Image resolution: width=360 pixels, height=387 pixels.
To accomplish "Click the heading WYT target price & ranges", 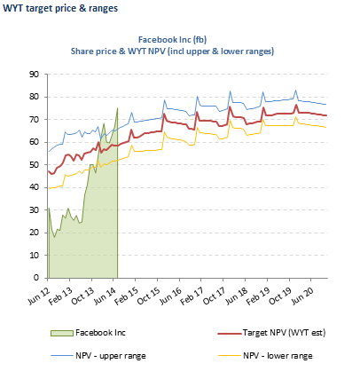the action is pos(60,8).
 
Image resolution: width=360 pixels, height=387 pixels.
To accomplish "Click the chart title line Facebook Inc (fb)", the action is pos(172,40).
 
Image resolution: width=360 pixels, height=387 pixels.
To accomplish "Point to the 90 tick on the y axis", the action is pos(34,75).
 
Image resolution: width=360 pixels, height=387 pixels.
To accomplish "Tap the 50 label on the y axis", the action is pos(34,165).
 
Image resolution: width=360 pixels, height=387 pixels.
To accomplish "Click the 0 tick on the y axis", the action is pos(36,278).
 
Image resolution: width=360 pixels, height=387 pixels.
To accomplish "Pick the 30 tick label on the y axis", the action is pos(34,210).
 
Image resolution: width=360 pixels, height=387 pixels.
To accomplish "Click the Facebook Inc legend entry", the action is pos(89,333).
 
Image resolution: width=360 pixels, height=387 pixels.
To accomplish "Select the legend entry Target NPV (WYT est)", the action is pos(271,333).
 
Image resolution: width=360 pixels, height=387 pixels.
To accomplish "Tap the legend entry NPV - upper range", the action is pos(98,356).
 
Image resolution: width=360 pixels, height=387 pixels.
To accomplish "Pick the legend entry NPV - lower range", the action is pos(265,356).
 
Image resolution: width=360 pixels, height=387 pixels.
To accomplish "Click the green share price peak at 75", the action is pos(117,108).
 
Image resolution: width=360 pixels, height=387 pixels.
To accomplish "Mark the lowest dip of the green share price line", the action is pos(54,237).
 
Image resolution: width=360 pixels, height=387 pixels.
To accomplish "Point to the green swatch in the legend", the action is pos(62,333).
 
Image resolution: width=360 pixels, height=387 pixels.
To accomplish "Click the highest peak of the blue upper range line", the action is pos(295,91).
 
